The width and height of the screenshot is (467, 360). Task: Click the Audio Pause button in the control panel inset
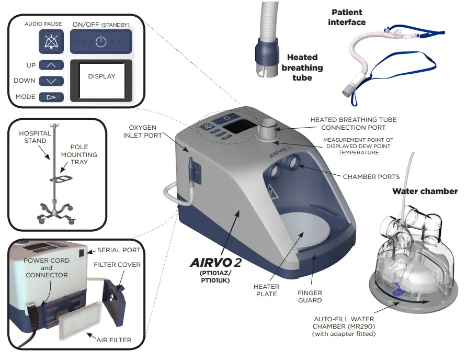(x=51, y=41)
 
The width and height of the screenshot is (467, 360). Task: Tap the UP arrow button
(x=51, y=65)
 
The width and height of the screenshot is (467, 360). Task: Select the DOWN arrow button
(x=51, y=81)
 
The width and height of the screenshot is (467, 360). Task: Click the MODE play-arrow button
(x=51, y=97)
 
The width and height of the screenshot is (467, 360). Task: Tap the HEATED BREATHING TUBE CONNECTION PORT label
(x=353, y=123)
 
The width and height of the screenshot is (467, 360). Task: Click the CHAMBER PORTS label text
(x=371, y=177)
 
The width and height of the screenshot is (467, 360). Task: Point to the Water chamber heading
(x=425, y=192)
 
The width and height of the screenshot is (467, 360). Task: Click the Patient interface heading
(x=346, y=17)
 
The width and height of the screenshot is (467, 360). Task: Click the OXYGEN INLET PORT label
(x=143, y=131)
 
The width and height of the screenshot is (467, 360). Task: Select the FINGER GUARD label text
(x=310, y=297)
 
